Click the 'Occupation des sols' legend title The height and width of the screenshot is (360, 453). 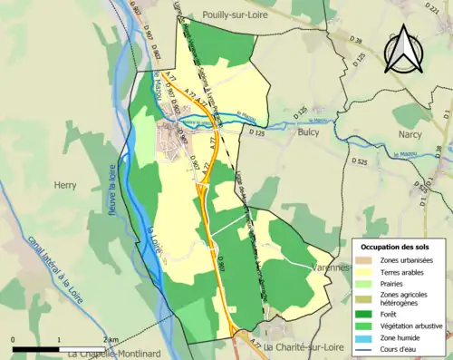(x=398, y=247)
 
